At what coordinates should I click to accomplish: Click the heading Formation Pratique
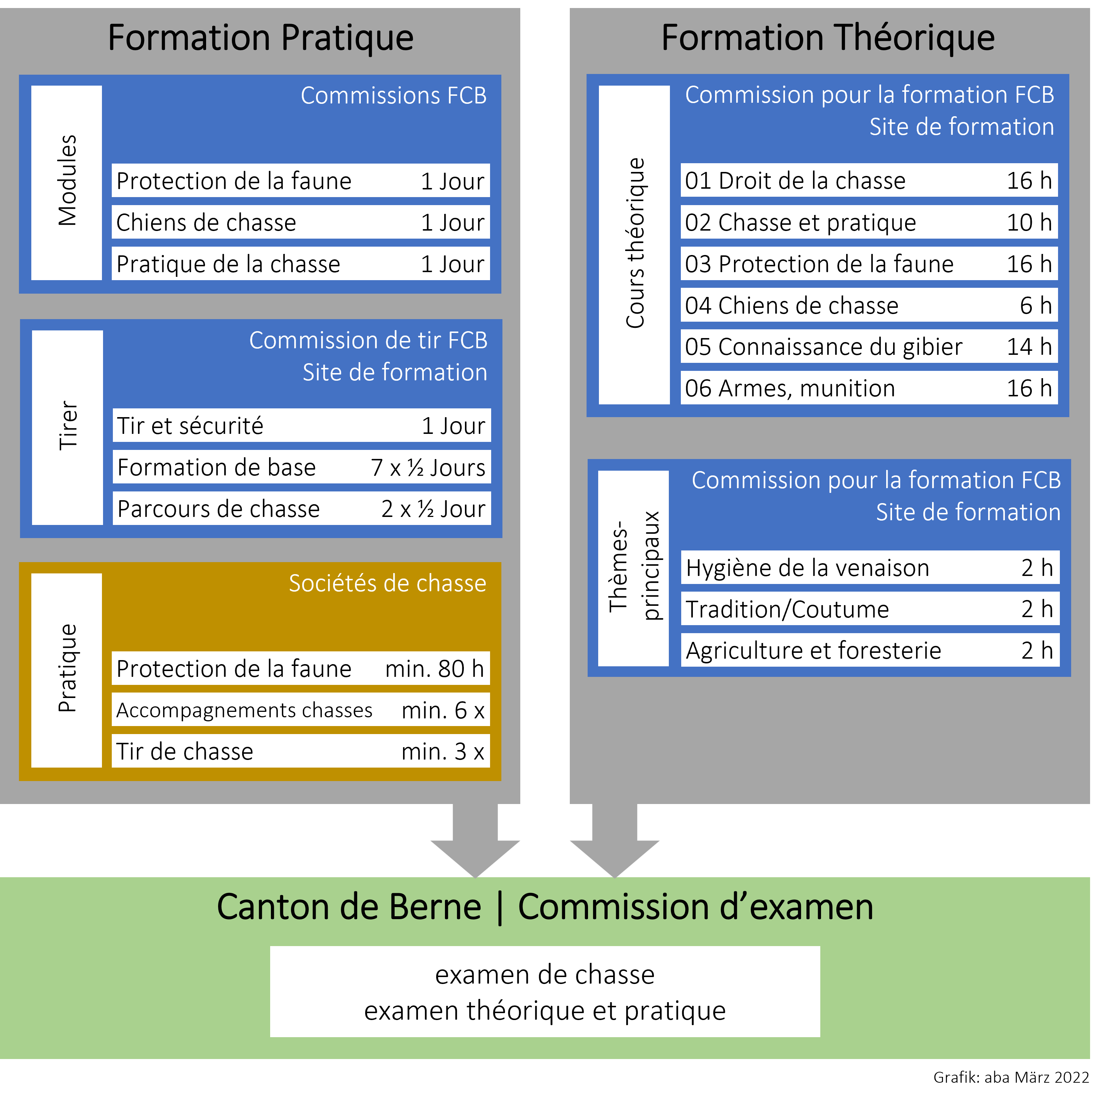point(260,38)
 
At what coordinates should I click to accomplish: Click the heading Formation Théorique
point(828,38)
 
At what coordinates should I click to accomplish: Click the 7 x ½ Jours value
point(428,467)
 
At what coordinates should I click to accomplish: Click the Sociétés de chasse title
point(387,583)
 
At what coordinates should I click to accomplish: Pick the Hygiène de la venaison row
point(870,568)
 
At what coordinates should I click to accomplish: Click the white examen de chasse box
point(545,992)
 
